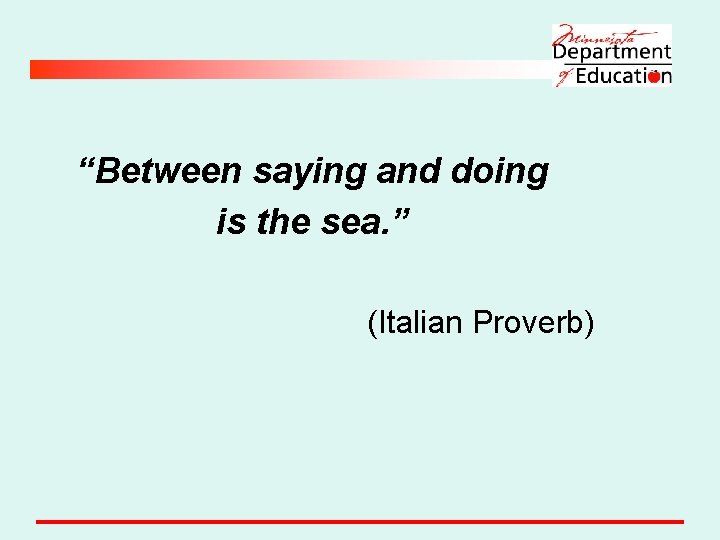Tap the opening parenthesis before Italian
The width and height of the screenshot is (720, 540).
pyautogui.click(x=372, y=324)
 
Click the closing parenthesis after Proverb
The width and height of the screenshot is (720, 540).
pyautogui.click(x=590, y=324)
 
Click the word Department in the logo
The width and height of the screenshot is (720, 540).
pyautogui.click(x=612, y=52)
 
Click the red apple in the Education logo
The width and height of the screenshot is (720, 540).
pyautogui.click(x=654, y=76)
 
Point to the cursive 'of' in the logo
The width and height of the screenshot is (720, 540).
pyautogui.click(x=564, y=76)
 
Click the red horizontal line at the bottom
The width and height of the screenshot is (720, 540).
pyautogui.click(x=360, y=521)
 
